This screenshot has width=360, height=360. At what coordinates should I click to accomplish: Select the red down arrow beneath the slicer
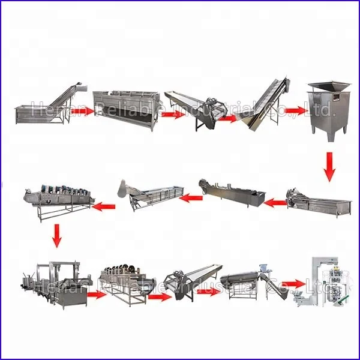(329, 166)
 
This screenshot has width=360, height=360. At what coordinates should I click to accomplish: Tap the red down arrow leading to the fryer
(56, 235)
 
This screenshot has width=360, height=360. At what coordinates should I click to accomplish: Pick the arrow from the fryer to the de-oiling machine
(96, 294)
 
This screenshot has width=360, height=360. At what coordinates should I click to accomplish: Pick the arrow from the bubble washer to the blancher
(275, 203)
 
